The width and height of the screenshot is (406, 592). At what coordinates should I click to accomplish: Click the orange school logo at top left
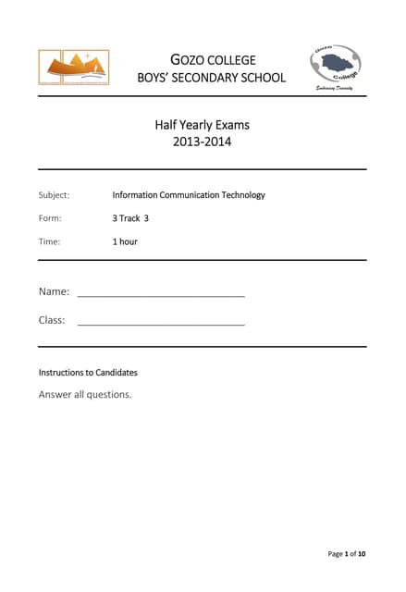[x=73, y=68]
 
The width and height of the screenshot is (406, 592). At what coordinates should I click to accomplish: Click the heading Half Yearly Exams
[x=202, y=125]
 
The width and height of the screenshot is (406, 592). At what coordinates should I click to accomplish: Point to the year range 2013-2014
[x=202, y=142]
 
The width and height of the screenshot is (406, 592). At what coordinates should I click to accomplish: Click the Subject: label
[x=54, y=195]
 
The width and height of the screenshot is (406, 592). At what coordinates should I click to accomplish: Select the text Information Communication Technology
[x=189, y=195]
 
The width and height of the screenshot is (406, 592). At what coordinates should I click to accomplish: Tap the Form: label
[x=50, y=218]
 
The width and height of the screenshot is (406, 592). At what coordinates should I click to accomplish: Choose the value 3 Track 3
[x=130, y=218]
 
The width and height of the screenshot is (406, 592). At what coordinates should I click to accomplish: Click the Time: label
[x=49, y=241]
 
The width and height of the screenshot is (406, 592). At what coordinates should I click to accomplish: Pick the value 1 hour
[x=125, y=241]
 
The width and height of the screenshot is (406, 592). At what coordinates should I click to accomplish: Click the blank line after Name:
[x=161, y=295]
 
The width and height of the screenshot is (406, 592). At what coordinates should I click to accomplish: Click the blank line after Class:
[x=161, y=325]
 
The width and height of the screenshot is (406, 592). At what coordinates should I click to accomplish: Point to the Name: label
[x=54, y=291]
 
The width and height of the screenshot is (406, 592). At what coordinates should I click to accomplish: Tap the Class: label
[x=52, y=320]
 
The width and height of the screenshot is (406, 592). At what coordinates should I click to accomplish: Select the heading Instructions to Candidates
[x=88, y=373]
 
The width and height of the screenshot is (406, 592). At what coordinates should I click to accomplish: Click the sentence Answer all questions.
[x=85, y=394]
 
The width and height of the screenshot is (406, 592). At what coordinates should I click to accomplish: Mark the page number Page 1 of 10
[x=347, y=554]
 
